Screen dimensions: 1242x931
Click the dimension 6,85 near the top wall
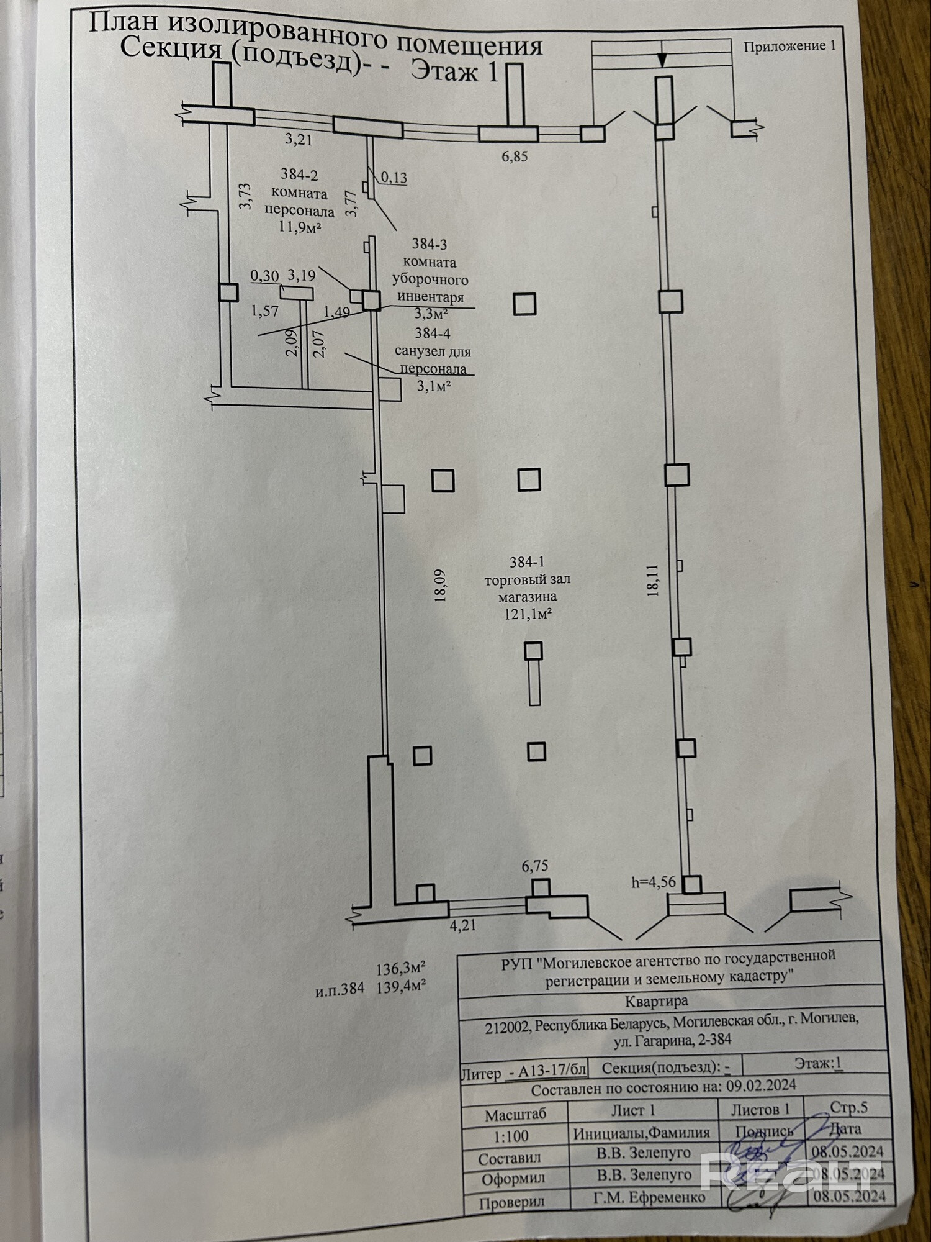tap(515, 156)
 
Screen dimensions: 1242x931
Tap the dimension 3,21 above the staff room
tap(299, 139)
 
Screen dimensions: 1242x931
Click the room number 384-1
tap(527, 562)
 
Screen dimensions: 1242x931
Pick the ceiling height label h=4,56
tap(653, 881)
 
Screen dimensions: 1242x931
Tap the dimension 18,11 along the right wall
tap(652, 580)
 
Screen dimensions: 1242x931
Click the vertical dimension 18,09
tap(441, 586)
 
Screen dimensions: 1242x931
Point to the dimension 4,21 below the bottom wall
tap(462, 925)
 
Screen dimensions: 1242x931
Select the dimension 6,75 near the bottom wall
tap(535, 866)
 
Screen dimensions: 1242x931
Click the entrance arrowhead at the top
tap(662, 60)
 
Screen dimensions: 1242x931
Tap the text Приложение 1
tap(789, 46)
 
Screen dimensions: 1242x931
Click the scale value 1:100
tap(511, 1136)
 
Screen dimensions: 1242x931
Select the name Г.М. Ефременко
tap(649, 1197)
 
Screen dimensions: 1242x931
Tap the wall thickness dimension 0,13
tap(394, 178)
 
